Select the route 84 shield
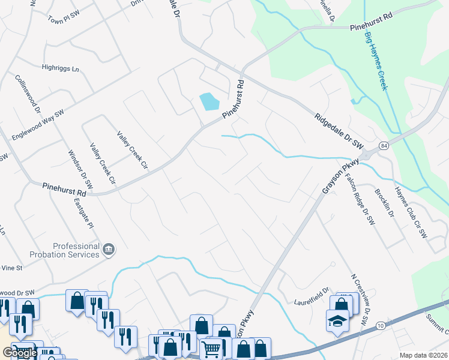pos(383,146)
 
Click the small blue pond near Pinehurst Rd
pos(209,101)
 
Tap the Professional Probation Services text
pos(76,250)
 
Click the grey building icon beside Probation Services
pos(109,249)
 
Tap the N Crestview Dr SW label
pos(359,300)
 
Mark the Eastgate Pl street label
pos(83,214)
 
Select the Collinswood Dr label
pos(28,95)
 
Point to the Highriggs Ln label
pos(60,69)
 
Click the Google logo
pos(20,353)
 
